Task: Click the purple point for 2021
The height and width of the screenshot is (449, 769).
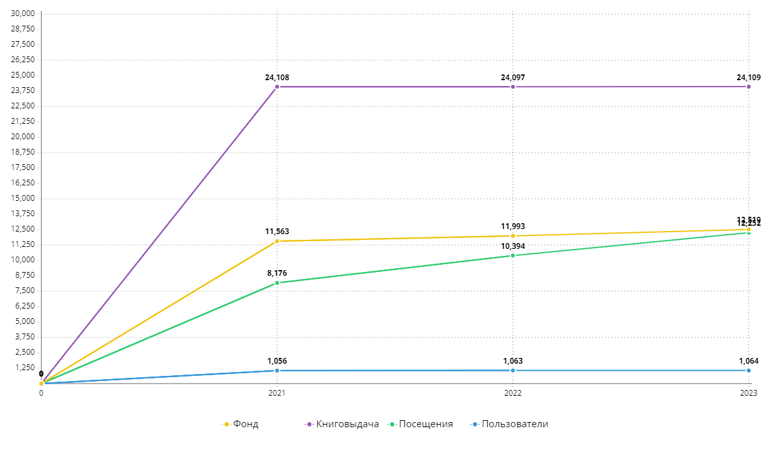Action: pos(277,87)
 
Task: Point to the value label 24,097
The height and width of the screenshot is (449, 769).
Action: pos(513,78)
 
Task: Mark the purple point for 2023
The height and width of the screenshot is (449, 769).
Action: pos(748,87)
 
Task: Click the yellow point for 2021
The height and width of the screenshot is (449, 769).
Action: pos(277,241)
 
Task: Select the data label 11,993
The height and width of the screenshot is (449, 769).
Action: pos(513,226)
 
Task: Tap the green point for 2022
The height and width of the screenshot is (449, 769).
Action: pos(513,255)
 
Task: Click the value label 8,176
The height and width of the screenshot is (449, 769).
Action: pos(277,273)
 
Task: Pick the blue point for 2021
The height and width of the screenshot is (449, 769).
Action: pos(277,370)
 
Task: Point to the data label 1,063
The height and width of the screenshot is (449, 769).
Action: pos(513,361)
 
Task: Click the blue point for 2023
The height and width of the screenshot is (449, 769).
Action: pos(748,370)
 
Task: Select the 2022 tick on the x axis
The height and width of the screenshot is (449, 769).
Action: pos(513,393)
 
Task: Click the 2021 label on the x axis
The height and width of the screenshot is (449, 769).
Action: pos(277,393)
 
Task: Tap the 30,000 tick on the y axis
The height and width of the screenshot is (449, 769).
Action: pos(24,13)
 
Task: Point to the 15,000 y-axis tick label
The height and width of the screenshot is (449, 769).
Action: pos(24,198)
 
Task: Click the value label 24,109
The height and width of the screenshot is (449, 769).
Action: pos(748,78)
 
